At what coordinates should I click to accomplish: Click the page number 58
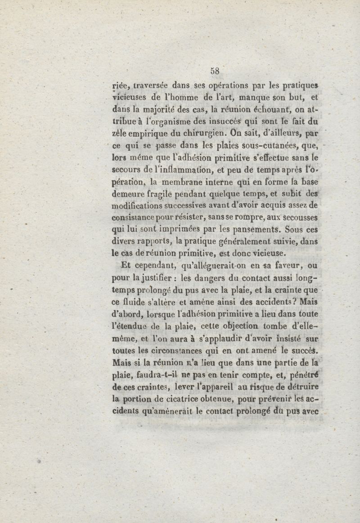[214, 71]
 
